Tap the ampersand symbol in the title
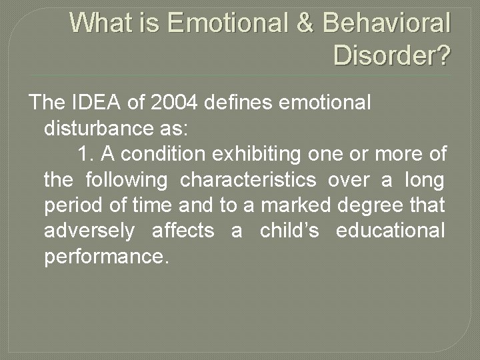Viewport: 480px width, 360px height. (305, 23)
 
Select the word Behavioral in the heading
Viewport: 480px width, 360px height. (387, 23)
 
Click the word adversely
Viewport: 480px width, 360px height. (89, 231)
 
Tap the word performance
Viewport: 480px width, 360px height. (103, 257)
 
